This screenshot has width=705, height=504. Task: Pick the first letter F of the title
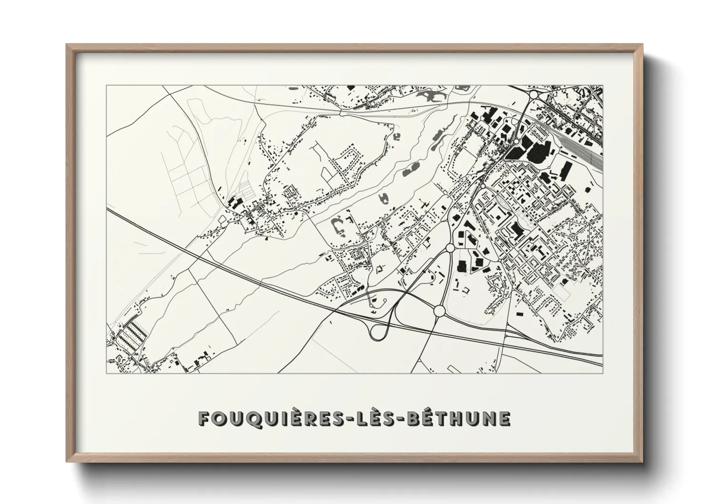[203, 419]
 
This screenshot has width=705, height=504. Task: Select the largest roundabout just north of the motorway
[439, 311]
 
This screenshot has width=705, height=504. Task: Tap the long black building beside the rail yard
[566, 170]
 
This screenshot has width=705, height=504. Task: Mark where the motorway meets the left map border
[107, 208]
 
